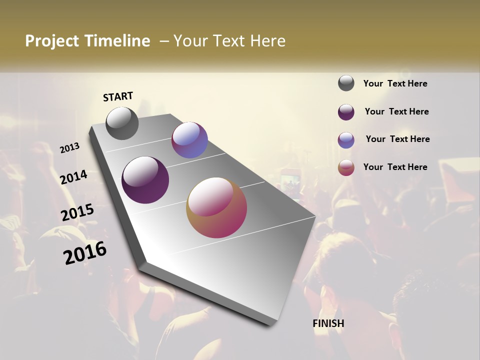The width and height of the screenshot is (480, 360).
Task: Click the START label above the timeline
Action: click(118, 96)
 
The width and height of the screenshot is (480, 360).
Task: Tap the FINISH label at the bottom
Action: click(328, 323)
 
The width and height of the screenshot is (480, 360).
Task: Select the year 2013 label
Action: click(70, 148)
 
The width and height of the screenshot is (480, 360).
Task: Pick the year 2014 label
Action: click(74, 177)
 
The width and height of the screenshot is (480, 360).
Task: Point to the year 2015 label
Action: click(77, 212)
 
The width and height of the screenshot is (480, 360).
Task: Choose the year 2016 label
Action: click(85, 253)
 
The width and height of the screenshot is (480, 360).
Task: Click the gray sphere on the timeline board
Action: click(122, 123)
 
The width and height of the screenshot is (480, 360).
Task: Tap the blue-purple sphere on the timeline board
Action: click(189, 140)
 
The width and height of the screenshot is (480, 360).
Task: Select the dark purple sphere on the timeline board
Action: click(145, 180)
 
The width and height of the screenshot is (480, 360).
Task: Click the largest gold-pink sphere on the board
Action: click(216, 207)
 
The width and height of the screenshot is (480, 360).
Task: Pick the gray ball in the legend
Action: click(346, 83)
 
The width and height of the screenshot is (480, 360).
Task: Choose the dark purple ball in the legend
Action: click(346, 112)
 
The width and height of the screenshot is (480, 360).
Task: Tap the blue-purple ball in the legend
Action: click(346, 140)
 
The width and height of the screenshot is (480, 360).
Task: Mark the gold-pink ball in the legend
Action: click(346, 167)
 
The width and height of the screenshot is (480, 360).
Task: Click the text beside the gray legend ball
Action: click(395, 84)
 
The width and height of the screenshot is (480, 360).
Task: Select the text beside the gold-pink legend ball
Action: click(395, 167)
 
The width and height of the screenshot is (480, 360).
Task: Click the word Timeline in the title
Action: click(117, 41)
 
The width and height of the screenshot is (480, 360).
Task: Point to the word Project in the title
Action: click(52, 41)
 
